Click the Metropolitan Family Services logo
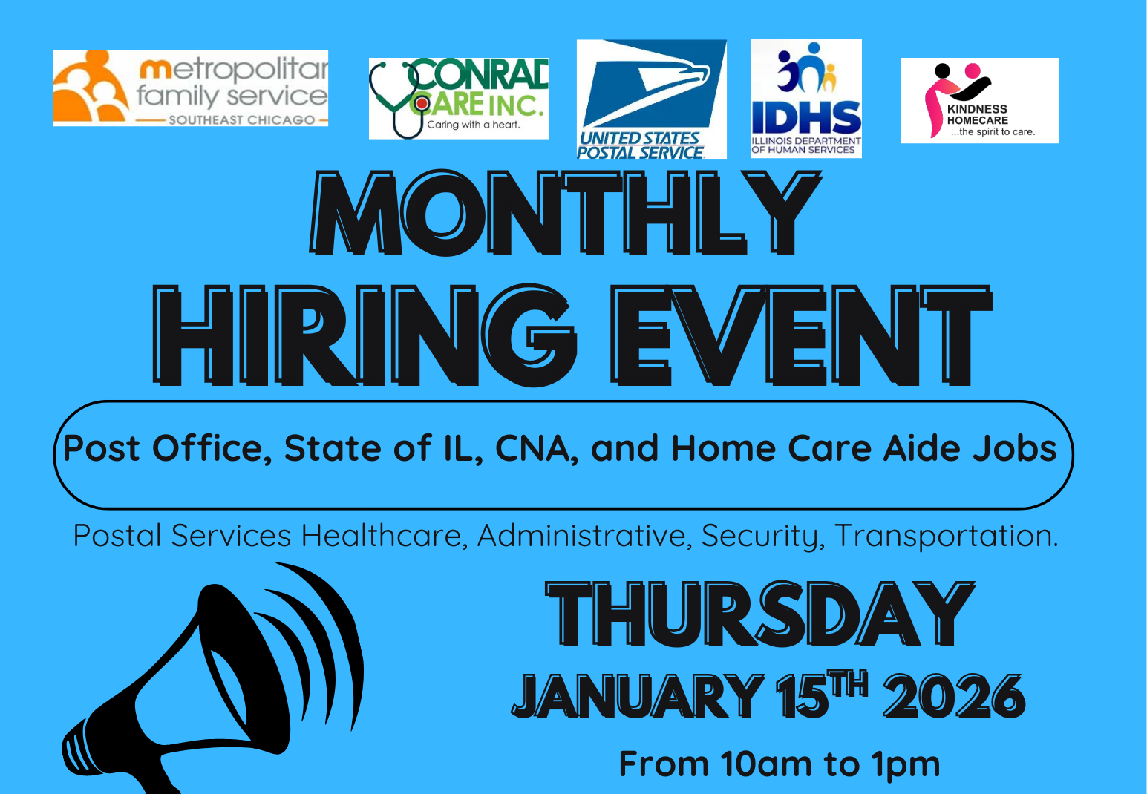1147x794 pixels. [x=190, y=88]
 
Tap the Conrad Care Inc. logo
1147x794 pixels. [x=459, y=99]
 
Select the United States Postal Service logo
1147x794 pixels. [x=651, y=99]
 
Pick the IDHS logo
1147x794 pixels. [x=806, y=99]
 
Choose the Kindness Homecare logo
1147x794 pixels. [x=979, y=101]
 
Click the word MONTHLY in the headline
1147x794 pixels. [x=566, y=214]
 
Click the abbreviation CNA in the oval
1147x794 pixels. [x=536, y=449]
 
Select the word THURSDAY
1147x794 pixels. [x=759, y=614]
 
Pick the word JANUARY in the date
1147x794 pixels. [x=638, y=697]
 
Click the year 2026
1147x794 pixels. [x=954, y=697]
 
